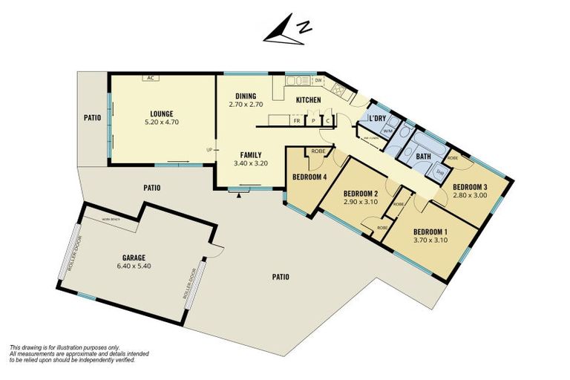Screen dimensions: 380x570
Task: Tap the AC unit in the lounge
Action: (x=151, y=77)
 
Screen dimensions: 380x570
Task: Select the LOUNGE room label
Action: (x=160, y=114)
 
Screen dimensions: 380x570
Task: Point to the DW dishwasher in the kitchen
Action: (x=318, y=80)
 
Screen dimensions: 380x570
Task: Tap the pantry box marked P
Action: (x=313, y=120)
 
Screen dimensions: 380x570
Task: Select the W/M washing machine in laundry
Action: (x=387, y=131)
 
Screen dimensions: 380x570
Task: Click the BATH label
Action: (x=423, y=157)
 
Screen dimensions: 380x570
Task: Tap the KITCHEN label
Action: (x=309, y=99)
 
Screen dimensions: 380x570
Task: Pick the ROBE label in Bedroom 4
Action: (x=318, y=151)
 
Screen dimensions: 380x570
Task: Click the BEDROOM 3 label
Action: (x=470, y=186)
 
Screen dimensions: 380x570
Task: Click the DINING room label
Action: (x=246, y=96)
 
